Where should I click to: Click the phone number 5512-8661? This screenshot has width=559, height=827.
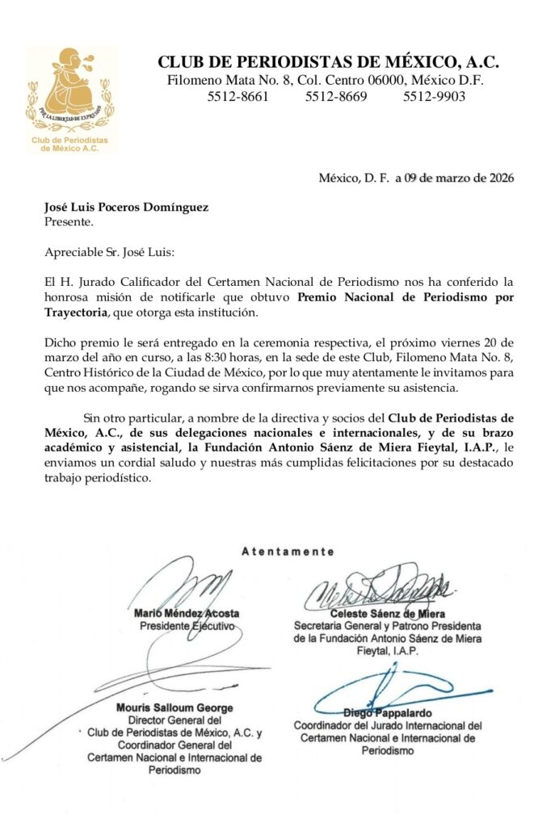click(x=238, y=97)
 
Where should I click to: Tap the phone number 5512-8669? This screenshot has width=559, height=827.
click(x=336, y=97)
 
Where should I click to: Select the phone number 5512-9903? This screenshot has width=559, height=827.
click(x=434, y=97)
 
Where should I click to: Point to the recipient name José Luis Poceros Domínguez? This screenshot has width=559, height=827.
click(x=126, y=207)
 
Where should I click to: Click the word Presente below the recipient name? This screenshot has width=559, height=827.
click(x=69, y=220)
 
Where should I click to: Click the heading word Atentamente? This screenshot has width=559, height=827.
click(x=288, y=552)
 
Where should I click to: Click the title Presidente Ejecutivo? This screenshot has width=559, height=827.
click(x=187, y=626)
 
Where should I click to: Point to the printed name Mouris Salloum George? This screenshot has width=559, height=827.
click(x=186, y=707)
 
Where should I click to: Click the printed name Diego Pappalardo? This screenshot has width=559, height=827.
click(x=388, y=713)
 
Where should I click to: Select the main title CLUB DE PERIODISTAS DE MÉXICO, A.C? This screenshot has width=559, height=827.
click(x=328, y=62)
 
